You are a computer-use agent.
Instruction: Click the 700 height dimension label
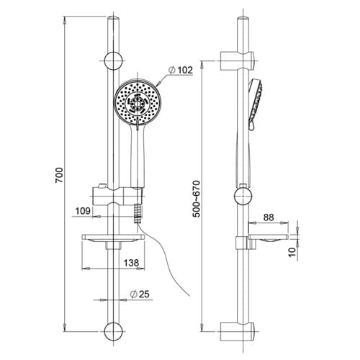(59, 176)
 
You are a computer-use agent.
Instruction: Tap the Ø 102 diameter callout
(181, 70)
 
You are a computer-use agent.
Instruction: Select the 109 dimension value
(83, 211)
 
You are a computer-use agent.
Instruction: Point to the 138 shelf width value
(131, 263)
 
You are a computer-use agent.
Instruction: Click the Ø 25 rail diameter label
(140, 294)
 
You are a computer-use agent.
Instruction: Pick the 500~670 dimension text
(197, 199)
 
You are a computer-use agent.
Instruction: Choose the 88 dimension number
(269, 217)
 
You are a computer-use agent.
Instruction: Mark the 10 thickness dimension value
(292, 252)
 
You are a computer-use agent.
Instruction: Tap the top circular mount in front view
(113, 60)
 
